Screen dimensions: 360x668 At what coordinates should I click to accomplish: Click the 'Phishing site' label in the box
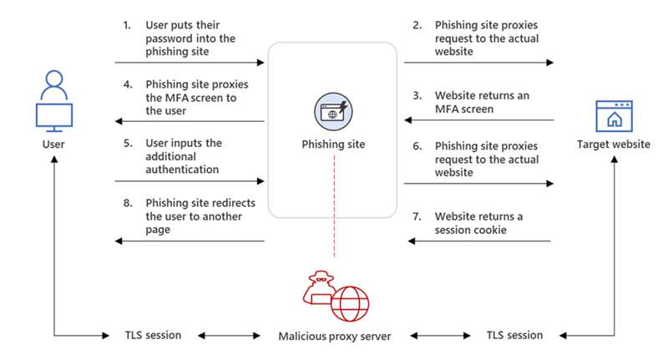tap(333, 145)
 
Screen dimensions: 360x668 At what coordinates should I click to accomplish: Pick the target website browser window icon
tap(614, 115)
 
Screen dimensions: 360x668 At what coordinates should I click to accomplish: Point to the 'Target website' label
tap(614, 145)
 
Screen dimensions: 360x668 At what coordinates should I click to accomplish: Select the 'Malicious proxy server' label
tap(333, 336)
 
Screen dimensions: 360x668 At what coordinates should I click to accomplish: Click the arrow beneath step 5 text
tap(190, 181)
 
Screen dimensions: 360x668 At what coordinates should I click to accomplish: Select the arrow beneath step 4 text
tap(190, 121)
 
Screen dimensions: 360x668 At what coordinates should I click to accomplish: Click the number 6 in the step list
tap(417, 145)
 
